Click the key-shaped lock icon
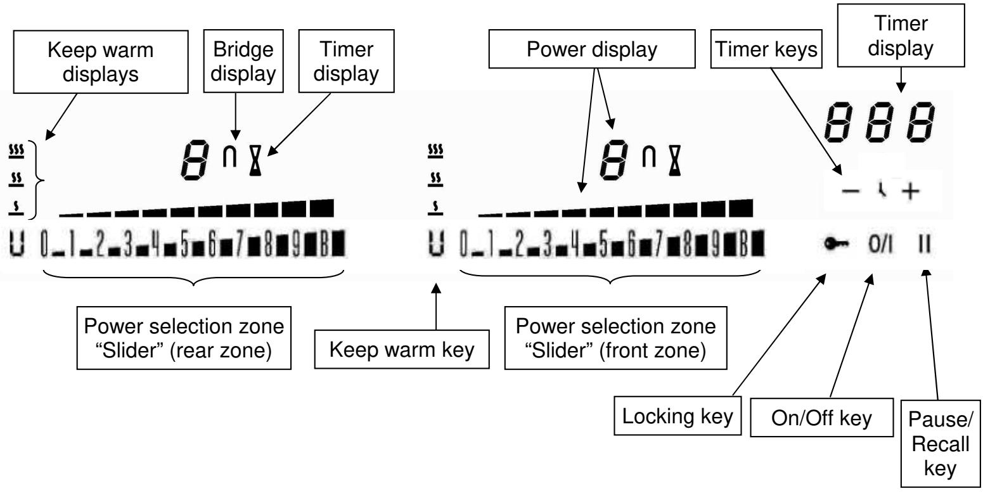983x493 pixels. coord(837,243)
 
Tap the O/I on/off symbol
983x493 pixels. coord(880,244)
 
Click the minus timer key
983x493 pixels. coord(851,191)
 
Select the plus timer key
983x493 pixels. coord(911,191)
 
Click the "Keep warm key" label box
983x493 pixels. coord(402,349)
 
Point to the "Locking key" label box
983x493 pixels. coord(678,416)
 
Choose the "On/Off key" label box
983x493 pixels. coord(821,418)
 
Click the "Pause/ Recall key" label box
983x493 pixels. coord(941,444)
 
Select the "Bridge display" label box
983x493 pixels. coord(243,61)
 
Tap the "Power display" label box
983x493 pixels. coord(592,49)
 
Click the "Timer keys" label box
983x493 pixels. coord(766,49)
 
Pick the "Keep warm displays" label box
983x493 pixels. coord(101,62)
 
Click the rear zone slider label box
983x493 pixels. coord(184,338)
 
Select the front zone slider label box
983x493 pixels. coord(615,338)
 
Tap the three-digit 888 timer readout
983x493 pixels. coord(880,122)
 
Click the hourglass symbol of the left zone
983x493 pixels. coord(255,161)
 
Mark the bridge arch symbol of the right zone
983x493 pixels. coord(649,157)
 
